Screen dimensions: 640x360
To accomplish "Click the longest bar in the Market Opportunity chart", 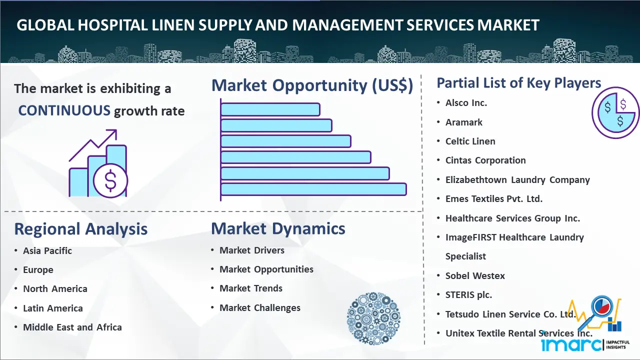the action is click(313, 189).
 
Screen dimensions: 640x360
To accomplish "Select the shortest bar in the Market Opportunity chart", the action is click(270, 109).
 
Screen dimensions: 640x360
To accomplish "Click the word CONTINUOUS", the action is click(64, 110).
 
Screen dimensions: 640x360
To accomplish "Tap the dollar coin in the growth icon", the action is click(110, 181).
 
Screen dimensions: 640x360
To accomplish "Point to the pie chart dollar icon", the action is click(615, 112).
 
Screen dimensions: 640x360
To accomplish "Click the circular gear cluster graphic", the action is click(373, 318).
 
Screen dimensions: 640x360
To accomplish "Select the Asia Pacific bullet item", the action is click(47, 251).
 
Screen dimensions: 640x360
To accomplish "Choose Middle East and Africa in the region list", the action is click(72, 327).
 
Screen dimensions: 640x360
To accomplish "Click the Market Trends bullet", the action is click(251, 288).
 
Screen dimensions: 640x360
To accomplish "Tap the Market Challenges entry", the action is click(260, 307).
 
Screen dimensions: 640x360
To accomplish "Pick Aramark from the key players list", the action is click(463, 122).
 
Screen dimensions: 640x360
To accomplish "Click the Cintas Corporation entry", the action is click(485, 160).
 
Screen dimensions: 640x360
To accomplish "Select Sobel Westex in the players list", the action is click(475, 275).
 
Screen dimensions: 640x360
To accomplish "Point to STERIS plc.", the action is click(468, 295).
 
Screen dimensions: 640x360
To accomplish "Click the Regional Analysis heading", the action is click(81, 229).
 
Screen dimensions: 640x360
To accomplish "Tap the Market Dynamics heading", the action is click(278, 228).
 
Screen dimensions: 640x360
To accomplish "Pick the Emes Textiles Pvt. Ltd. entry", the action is click(494, 199).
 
